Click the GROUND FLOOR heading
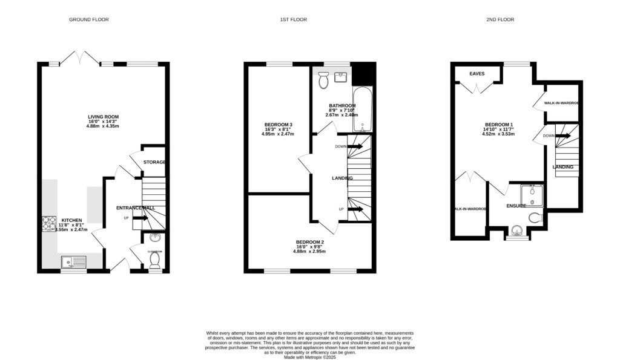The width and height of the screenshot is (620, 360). [x=88, y=20]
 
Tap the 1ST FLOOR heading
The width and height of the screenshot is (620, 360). [x=293, y=20]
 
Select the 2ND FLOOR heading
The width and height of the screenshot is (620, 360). [x=500, y=20]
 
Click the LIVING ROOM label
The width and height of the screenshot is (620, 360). [x=103, y=117]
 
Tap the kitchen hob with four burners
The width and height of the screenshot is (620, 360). [x=48, y=224]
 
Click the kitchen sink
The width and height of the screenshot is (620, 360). [x=73, y=262]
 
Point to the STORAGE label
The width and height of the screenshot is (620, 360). [x=155, y=162]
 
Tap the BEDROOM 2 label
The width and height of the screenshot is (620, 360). [x=309, y=242]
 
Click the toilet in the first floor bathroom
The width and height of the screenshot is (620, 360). [x=323, y=77]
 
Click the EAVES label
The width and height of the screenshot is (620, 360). [x=477, y=74]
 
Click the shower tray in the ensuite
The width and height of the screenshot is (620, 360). [x=532, y=195]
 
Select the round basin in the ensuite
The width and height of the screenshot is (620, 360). [x=516, y=231]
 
